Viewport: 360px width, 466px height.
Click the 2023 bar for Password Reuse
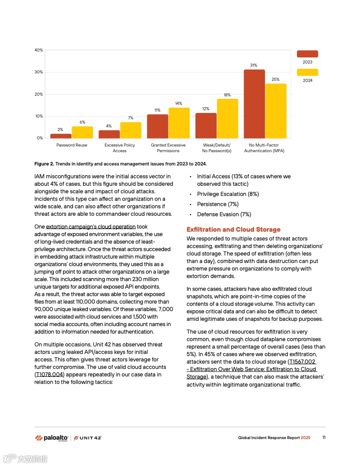[x=61, y=136]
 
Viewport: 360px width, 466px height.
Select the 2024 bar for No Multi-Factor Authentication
[x=276, y=111]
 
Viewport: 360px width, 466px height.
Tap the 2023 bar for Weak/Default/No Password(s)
[x=206, y=126]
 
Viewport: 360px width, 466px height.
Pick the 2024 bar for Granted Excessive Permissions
[x=179, y=123]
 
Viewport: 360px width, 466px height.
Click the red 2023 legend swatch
[x=307, y=54]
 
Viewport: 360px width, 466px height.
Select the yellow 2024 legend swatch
[x=307, y=72]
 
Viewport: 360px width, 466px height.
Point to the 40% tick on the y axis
[x=39, y=50]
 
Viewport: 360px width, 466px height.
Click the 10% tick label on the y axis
[x=39, y=116]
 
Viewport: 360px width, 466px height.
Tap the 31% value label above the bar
[x=254, y=65]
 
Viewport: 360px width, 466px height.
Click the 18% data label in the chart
[x=227, y=95]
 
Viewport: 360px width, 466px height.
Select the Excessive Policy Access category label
[x=120, y=148]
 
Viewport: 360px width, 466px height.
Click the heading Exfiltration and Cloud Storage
[x=233, y=229]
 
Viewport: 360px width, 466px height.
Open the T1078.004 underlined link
[x=50, y=375]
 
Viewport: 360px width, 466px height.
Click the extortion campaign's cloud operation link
[x=91, y=227]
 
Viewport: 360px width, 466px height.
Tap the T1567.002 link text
[x=303, y=362]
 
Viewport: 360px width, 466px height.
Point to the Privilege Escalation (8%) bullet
[x=228, y=194]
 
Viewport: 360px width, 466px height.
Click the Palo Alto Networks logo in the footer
[x=51, y=438]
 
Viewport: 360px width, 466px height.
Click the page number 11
[x=324, y=438]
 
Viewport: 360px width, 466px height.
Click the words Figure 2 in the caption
[x=44, y=164]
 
